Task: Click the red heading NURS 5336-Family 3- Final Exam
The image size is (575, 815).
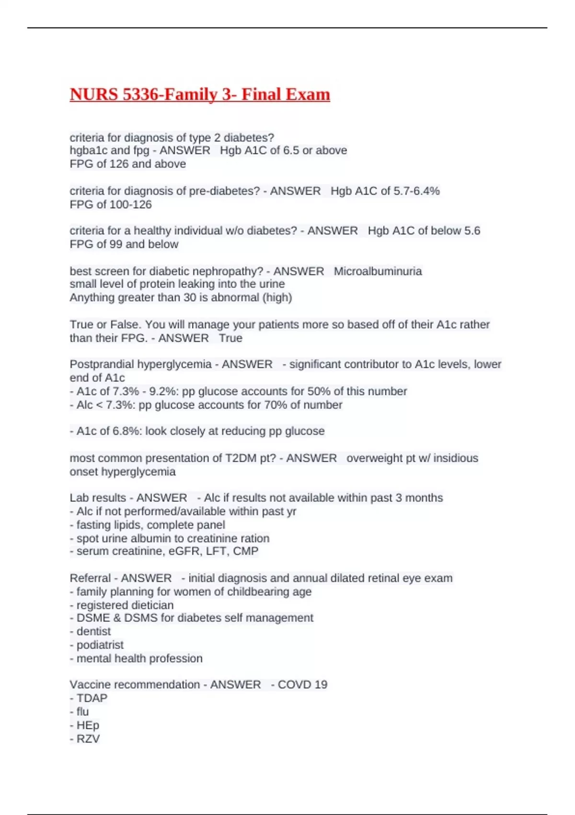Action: click(x=200, y=94)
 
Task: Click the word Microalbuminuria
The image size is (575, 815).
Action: click(x=378, y=271)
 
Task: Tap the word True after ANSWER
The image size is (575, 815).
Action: click(x=230, y=338)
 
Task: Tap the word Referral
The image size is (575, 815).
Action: click(x=90, y=578)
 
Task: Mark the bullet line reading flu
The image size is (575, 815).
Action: click(x=82, y=711)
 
